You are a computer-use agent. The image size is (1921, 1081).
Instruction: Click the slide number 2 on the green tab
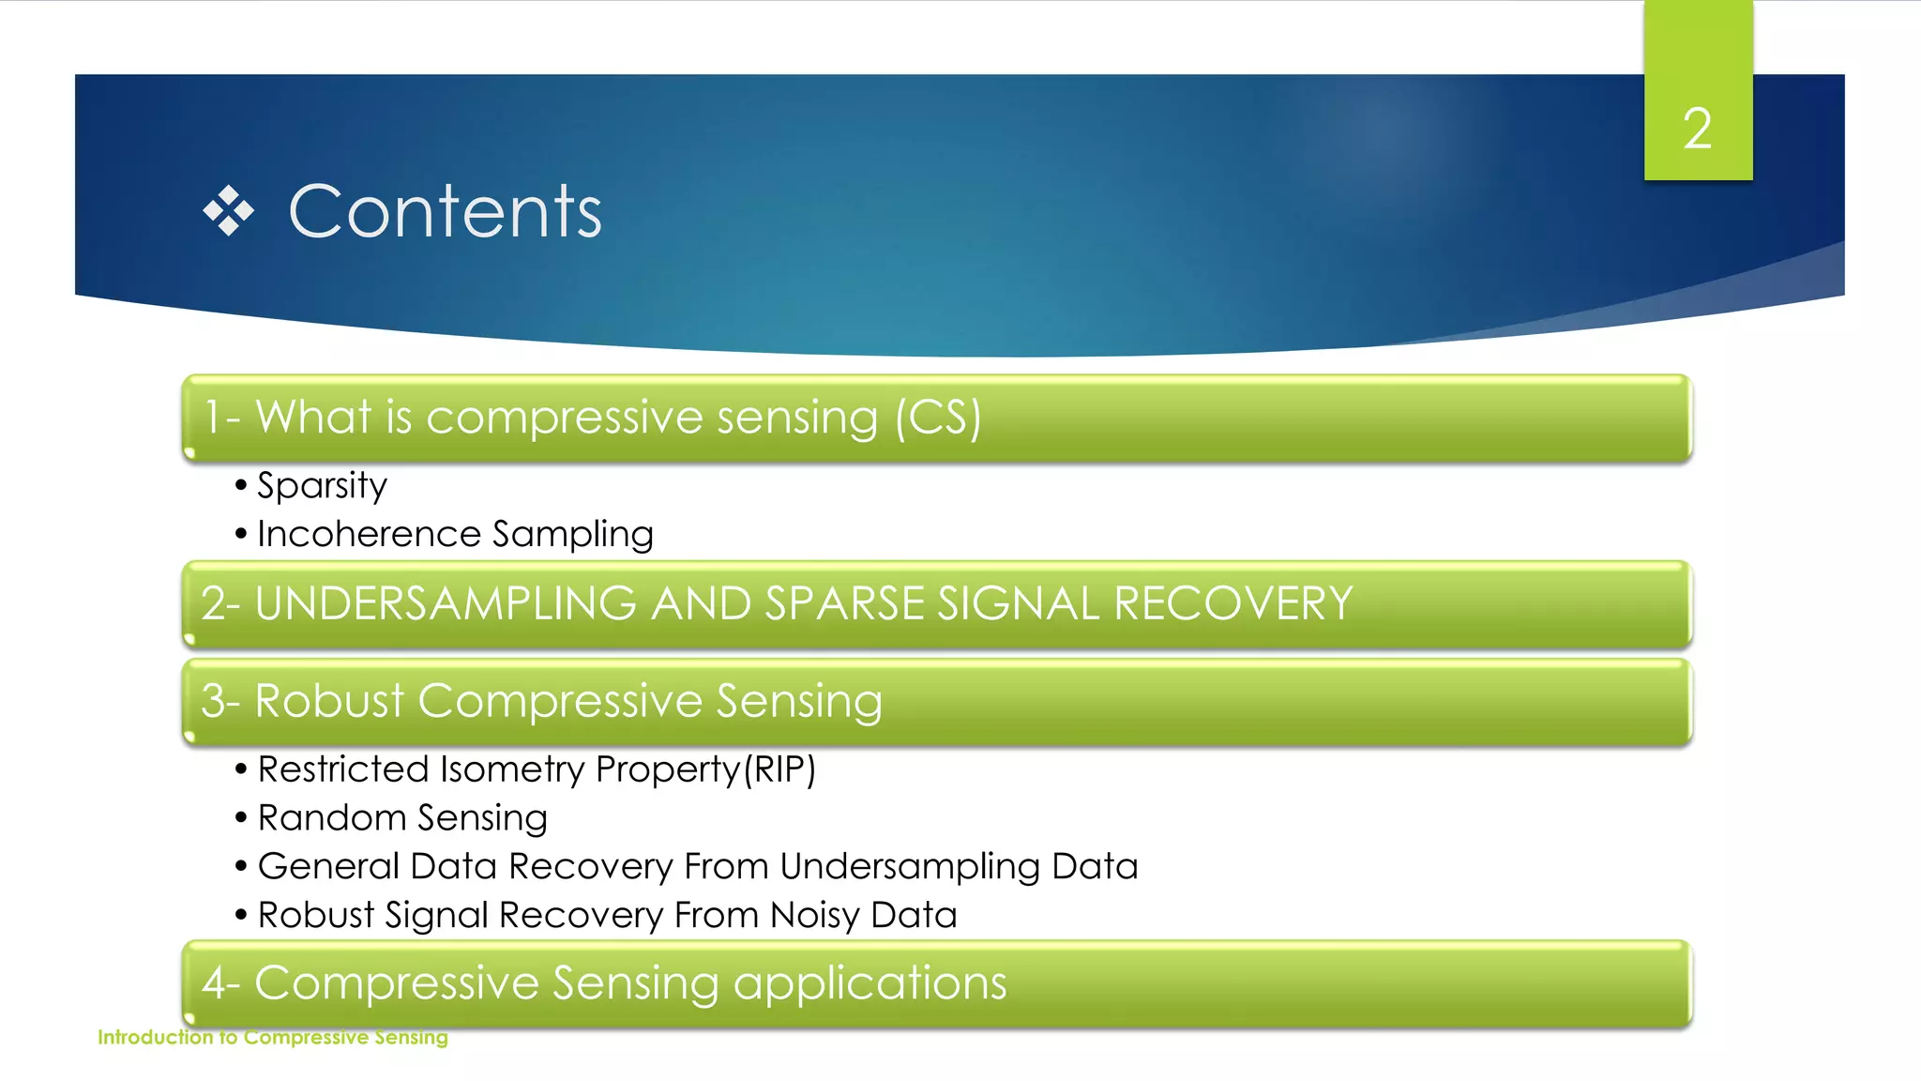[1697, 129]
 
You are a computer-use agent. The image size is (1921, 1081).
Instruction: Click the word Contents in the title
[445, 212]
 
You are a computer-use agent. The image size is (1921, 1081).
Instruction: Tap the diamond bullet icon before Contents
[228, 211]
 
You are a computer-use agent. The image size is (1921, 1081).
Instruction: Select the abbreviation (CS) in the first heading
[937, 418]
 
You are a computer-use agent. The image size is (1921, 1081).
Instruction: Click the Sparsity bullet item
[322, 485]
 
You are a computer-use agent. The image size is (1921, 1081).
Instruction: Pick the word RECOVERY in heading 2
[1233, 603]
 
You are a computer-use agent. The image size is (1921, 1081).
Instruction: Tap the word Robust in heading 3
[329, 701]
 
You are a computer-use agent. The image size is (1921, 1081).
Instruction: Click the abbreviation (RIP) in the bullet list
[779, 769]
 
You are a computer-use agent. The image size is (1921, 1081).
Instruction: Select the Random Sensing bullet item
[402, 818]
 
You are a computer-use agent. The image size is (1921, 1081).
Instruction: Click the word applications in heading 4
[869, 983]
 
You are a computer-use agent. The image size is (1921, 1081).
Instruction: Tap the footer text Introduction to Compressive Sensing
[273, 1037]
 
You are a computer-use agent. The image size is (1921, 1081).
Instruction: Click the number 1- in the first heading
[222, 418]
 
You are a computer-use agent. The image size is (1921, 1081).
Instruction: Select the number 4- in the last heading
[221, 983]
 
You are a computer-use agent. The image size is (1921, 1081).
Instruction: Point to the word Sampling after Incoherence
[572, 534]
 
